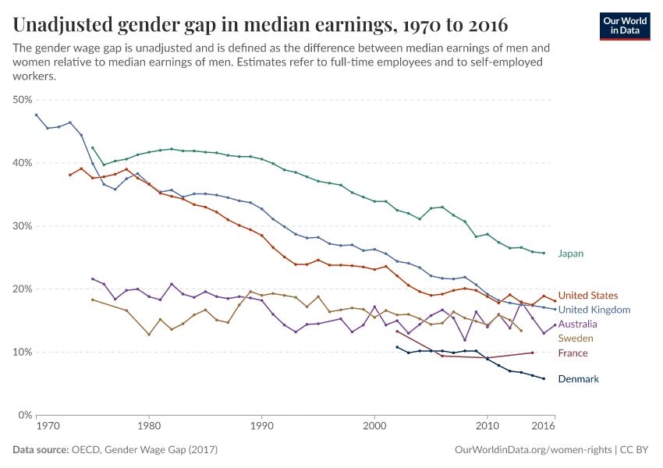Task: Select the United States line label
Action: tap(588, 296)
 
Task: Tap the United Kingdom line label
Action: tap(594, 310)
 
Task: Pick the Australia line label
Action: tap(578, 324)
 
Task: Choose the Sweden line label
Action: tap(576, 339)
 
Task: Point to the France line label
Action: tap(573, 353)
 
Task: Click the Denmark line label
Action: tap(578, 379)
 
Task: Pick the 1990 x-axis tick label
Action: tap(261, 427)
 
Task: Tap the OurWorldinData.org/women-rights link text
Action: tap(533, 450)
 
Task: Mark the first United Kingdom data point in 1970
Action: tap(36, 115)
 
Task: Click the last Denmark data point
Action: tap(544, 379)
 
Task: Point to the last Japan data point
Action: tap(544, 253)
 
